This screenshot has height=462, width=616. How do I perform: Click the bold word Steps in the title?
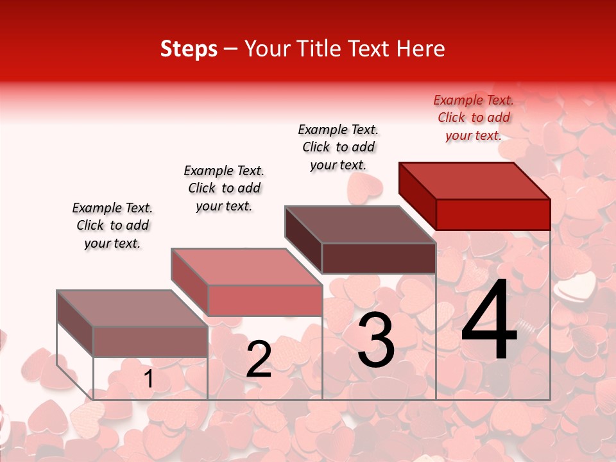click(189, 49)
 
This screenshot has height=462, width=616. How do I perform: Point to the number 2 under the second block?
click(259, 359)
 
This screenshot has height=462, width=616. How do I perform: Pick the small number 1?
click(149, 379)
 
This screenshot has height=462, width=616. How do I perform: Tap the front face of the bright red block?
click(493, 214)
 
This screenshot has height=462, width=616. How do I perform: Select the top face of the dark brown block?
click(359, 224)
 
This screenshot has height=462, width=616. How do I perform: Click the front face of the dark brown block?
click(379, 258)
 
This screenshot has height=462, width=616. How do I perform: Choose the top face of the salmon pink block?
click(246, 266)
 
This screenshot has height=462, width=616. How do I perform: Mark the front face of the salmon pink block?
click(264, 300)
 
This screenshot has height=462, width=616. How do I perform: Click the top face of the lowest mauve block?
click(132, 308)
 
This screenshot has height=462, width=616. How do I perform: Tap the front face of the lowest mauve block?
click(150, 341)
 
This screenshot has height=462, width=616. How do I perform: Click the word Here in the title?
click(421, 49)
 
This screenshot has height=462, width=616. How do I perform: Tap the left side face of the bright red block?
click(417, 195)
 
